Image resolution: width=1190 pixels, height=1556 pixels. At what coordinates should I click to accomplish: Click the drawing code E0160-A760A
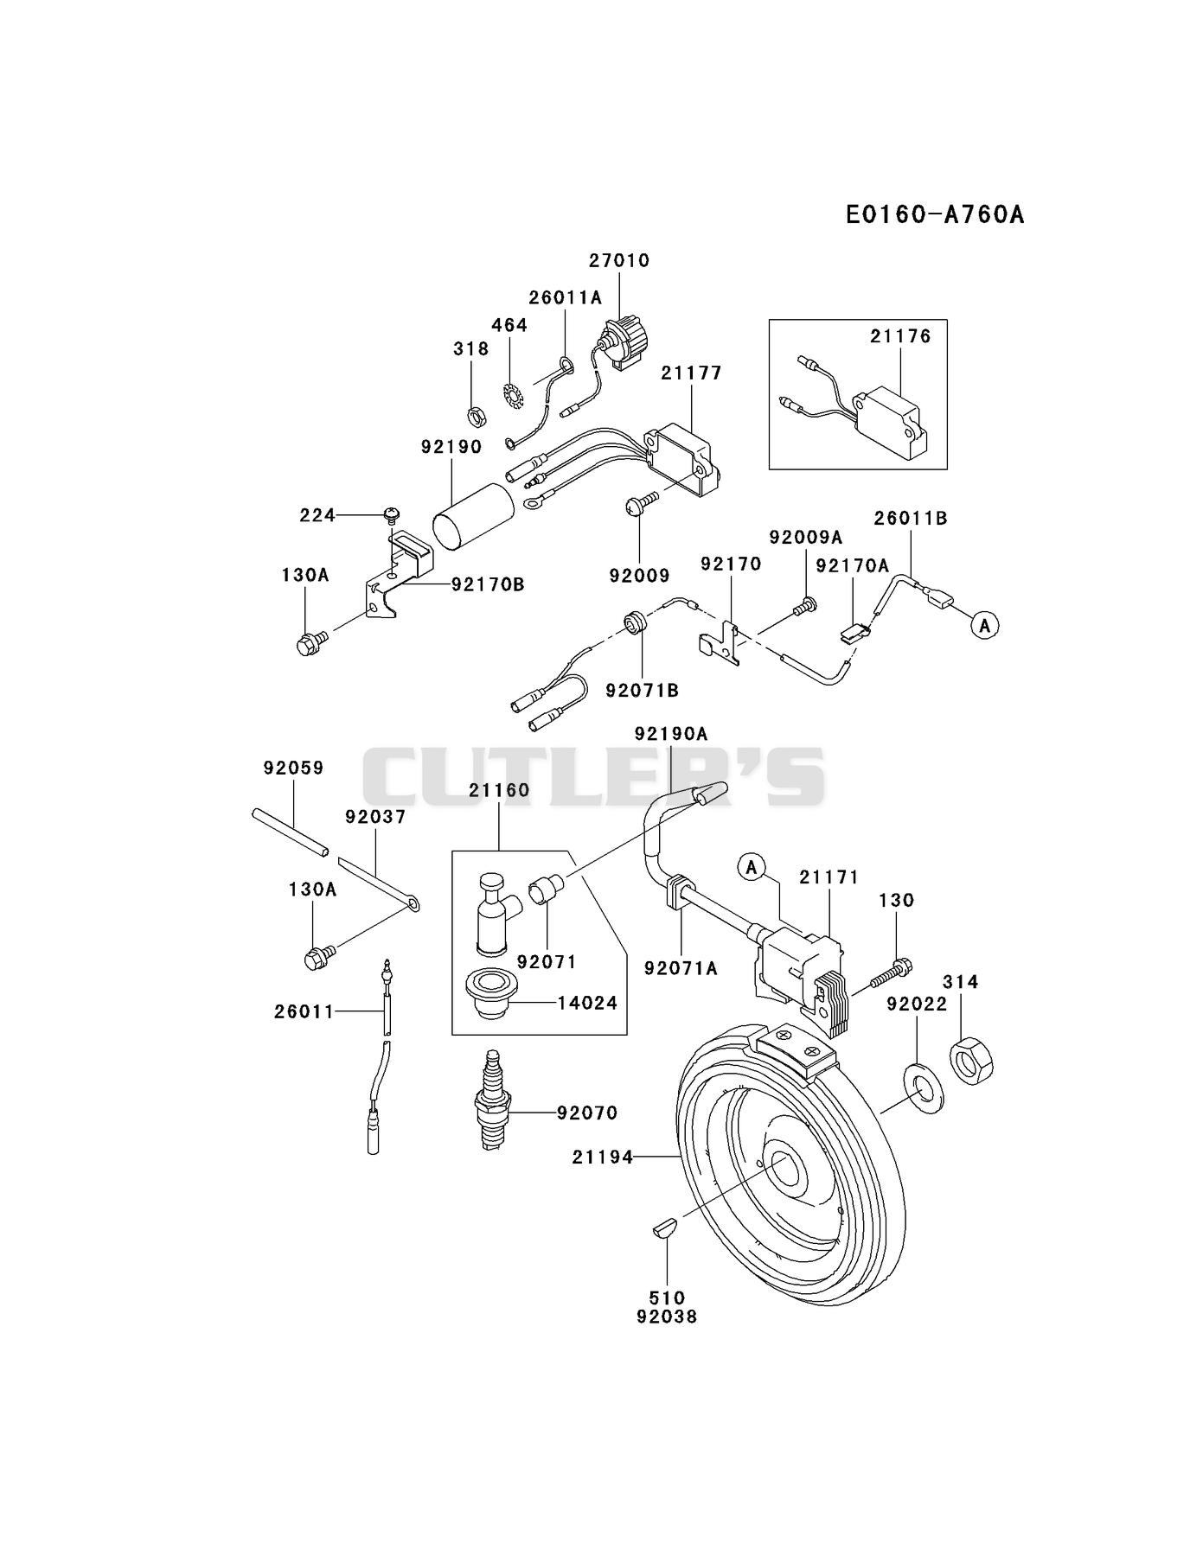934,214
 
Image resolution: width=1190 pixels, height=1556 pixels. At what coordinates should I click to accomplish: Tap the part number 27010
619,260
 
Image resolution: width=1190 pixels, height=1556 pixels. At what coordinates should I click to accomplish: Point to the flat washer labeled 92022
923,1089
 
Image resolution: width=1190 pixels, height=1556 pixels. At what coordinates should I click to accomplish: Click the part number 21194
603,1157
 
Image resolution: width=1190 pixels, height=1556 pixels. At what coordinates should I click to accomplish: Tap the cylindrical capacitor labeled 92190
473,517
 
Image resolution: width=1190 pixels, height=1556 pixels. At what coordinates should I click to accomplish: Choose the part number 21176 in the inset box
900,336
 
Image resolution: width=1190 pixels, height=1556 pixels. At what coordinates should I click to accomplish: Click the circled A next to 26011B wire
984,624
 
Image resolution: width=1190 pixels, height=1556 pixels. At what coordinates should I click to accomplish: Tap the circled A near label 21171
752,866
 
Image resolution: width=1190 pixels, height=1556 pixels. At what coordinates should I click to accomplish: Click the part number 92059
293,768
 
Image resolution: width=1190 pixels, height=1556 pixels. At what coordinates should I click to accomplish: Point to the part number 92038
666,1317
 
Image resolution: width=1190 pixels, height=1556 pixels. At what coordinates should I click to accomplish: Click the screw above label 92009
643,502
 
